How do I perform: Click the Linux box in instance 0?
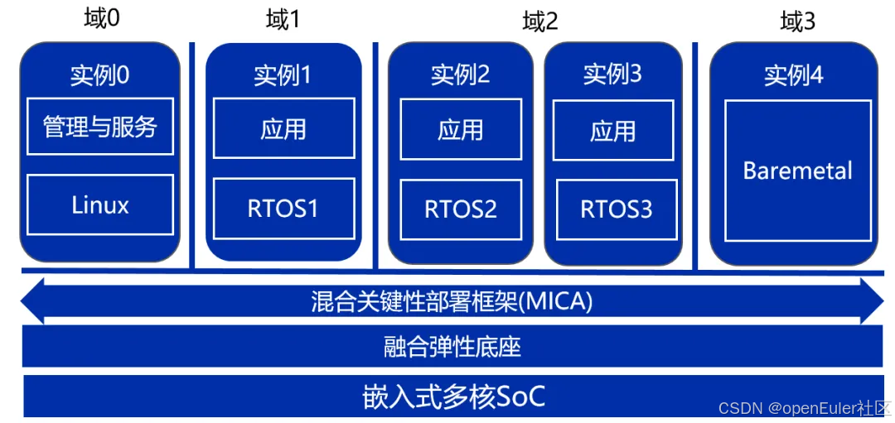click(100, 204)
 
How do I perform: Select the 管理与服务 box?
click(100, 126)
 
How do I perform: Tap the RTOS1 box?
click(283, 209)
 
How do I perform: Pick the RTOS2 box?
click(461, 209)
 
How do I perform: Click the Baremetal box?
click(797, 171)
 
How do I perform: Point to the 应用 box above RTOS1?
click(283, 128)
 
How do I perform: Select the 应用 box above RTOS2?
click(461, 129)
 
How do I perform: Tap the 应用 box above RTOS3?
click(613, 131)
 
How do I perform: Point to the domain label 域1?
click(283, 20)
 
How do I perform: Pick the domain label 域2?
click(540, 22)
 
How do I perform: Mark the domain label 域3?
click(798, 22)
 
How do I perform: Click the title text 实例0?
click(100, 76)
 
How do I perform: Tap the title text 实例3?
click(612, 75)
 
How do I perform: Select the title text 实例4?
click(794, 76)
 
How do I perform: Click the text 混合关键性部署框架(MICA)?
click(452, 301)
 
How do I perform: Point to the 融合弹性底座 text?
click(452, 346)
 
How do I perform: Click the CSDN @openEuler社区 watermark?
click(804, 409)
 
